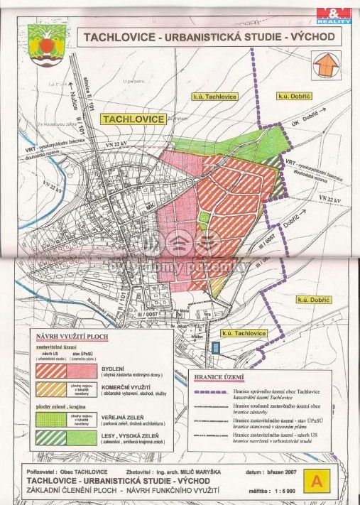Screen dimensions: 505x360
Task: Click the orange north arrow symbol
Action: coord(325,64)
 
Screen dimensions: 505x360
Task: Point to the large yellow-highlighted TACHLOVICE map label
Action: coord(134,119)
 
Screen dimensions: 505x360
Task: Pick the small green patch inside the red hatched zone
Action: coord(204,217)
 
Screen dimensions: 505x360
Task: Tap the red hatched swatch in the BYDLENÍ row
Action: coord(51,371)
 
